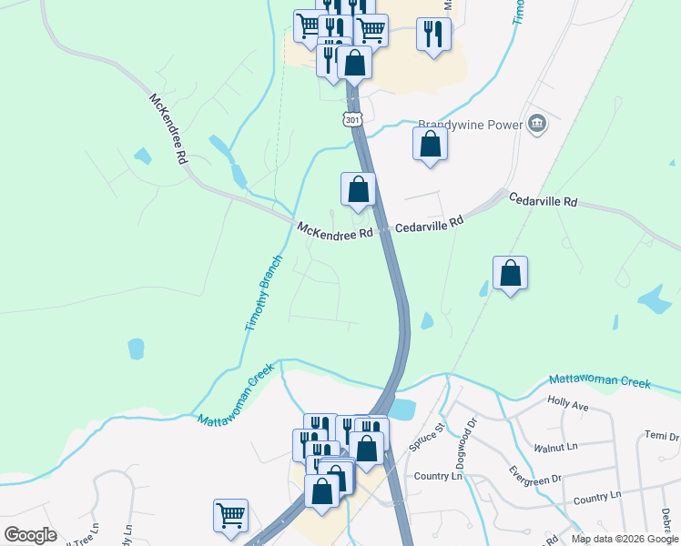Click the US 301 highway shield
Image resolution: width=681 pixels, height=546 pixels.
[353, 118]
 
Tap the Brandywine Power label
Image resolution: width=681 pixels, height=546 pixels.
[470, 125]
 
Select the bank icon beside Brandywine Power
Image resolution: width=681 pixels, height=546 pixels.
[537, 124]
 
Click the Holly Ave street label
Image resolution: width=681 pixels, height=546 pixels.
[570, 400]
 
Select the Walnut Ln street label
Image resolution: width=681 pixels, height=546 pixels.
[557, 447]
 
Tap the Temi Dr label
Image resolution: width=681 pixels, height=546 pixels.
[662, 436]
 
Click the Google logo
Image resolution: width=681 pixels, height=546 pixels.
[30, 535]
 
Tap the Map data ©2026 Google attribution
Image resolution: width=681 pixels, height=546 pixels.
[625, 539]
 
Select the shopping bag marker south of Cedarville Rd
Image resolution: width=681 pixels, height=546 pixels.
[511, 273]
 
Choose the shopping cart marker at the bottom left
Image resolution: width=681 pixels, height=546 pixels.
[231, 514]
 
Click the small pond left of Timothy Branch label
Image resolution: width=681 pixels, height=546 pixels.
[136, 348]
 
